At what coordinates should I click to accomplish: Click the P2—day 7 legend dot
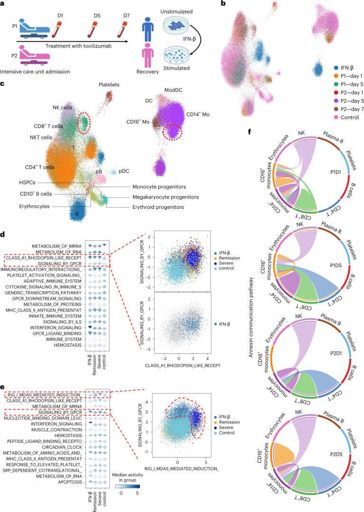coord(336,109)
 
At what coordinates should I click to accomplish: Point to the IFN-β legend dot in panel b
coord(336,68)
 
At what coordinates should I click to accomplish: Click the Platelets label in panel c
coord(109,85)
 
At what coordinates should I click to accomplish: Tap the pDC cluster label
coord(124,171)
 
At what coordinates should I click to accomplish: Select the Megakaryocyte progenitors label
coord(165,197)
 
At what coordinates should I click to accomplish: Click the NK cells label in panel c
coord(63,108)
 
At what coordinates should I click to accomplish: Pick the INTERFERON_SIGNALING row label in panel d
coord(56,327)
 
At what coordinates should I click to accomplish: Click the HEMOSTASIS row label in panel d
coord(68,345)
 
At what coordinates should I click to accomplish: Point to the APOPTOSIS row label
coord(70,482)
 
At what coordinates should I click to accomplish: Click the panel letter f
coord(250,132)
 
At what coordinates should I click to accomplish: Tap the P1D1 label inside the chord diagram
coord(336,172)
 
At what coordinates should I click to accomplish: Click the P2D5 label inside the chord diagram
coord(336,454)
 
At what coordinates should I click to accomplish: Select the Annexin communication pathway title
coord(251,317)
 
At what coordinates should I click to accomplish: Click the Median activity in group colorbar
coord(127,486)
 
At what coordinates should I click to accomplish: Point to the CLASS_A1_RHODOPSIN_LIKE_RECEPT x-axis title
coord(182,365)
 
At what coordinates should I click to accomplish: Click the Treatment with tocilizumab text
coord(78,46)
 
